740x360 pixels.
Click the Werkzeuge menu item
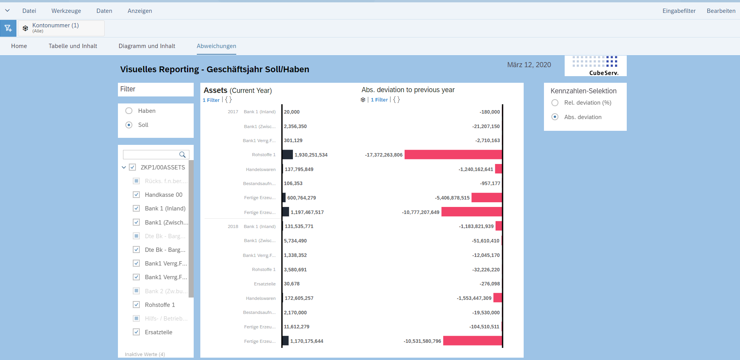(x=66, y=11)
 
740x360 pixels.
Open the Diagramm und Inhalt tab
(x=147, y=46)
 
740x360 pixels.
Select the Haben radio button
(x=129, y=111)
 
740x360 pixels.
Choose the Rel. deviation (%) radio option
(x=555, y=103)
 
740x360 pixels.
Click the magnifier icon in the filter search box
(x=182, y=155)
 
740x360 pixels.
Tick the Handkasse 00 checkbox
(x=136, y=195)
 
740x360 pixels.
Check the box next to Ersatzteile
(x=136, y=332)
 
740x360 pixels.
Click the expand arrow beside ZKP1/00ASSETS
(x=124, y=168)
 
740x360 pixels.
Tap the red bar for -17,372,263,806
(x=453, y=155)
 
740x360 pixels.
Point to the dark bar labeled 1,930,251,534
(x=287, y=155)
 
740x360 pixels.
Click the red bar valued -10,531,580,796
(x=473, y=341)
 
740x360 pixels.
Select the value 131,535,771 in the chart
(x=299, y=226)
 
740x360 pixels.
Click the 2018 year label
(x=233, y=226)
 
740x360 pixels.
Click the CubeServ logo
(x=596, y=66)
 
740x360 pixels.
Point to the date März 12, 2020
(x=529, y=65)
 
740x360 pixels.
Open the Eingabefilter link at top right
(x=679, y=11)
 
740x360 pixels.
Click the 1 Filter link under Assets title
(x=211, y=100)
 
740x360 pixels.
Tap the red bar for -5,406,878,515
(x=487, y=198)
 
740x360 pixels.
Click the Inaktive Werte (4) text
(x=145, y=355)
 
